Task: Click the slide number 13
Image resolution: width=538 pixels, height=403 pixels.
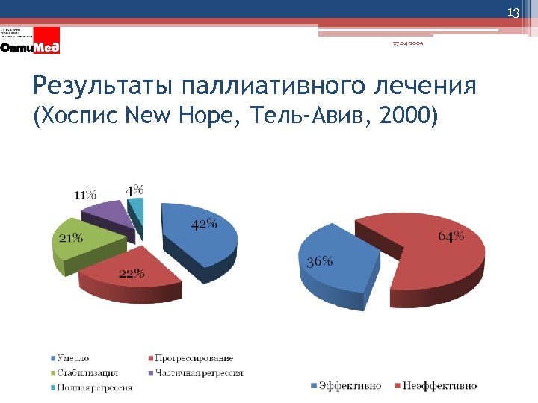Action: point(513,13)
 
